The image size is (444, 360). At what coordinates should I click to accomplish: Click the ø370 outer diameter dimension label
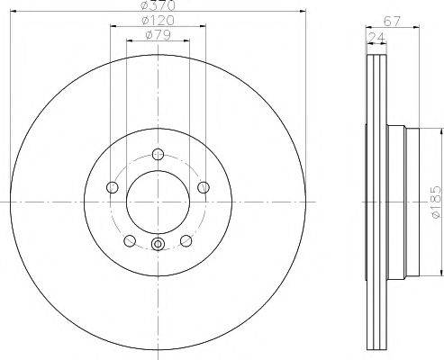[x=159, y=6]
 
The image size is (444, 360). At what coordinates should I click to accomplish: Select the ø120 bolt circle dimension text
[x=159, y=20]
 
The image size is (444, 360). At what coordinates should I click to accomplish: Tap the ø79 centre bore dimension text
[x=159, y=36]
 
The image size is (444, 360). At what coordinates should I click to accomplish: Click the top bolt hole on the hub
[x=158, y=153]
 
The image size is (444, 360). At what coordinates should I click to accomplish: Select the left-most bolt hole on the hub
[x=113, y=187]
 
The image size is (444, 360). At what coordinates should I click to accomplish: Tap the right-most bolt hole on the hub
[x=203, y=187]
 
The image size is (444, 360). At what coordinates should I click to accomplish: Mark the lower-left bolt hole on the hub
[x=130, y=240]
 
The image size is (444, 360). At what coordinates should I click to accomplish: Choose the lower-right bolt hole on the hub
[x=186, y=240]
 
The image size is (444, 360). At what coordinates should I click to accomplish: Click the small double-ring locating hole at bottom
[x=158, y=245]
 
